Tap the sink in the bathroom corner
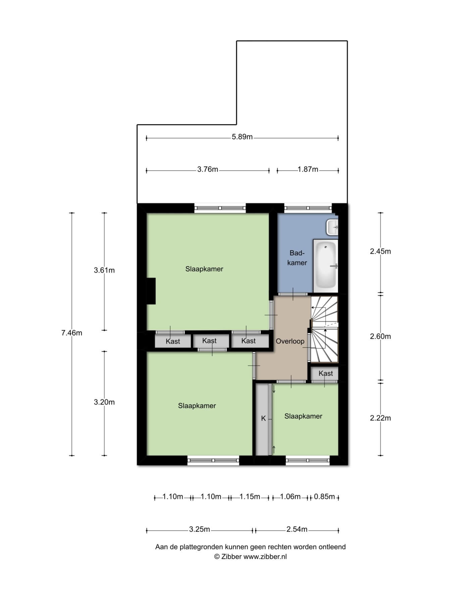click(332, 227)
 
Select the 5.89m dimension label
click(242, 137)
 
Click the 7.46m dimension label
click(71, 333)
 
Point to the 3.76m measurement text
click(208, 169)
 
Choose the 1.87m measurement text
click(308, 169)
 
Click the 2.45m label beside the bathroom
click(380, 251)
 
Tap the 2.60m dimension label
click(380, 336)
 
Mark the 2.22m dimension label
click(380, 418)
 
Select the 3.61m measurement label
click(104, 270)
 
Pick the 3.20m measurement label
click(104, 402)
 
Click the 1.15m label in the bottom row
click(250, 497)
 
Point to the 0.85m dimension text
click(324, 497)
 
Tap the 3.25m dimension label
click(199, 530)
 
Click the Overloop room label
click(290, 341)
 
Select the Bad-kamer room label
click(297, 258)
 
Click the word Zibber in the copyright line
click(231, 557)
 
